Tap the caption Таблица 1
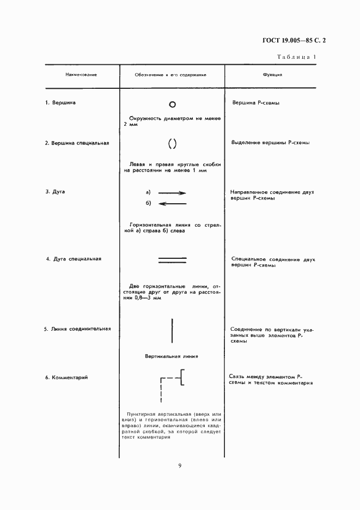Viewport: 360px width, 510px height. (297, 57)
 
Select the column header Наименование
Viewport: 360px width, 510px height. (81, 74)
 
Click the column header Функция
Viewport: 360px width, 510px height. (272, 74)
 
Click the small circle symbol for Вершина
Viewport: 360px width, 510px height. (172, 103)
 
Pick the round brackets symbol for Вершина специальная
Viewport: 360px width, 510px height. (172, 144)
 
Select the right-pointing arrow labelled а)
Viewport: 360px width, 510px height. (172, 193)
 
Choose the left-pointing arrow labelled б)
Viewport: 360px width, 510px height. (172, 204)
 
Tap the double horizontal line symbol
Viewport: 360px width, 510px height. (172, 260)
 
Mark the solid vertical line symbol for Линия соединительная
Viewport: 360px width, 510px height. (172, 330)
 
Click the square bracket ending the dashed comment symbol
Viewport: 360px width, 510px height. (182, 377)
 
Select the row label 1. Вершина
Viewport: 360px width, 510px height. (60, 102)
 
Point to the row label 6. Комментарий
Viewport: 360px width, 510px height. (66, 377)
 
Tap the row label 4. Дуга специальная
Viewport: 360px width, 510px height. (74, 259)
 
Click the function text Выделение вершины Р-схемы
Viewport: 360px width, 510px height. (271, 143)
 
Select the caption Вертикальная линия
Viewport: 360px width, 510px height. (171, 356)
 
